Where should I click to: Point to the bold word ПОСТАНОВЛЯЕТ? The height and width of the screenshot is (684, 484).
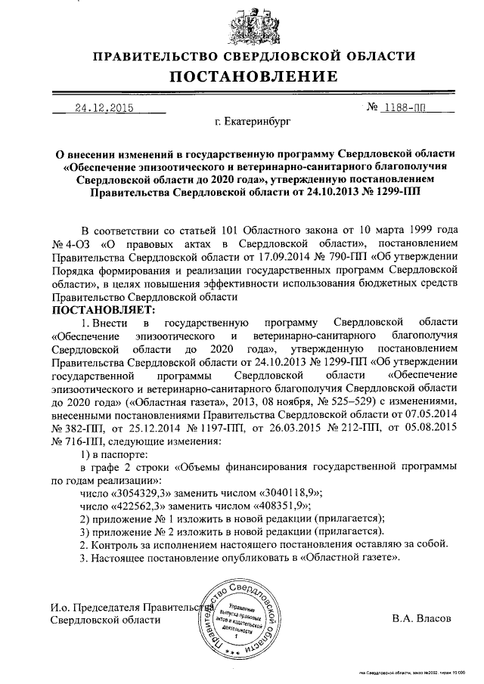click(103, 311)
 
